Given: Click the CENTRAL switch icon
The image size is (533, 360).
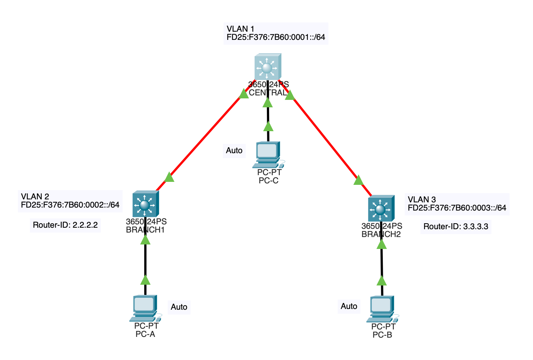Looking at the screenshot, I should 268,67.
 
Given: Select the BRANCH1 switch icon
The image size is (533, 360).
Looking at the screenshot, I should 145,204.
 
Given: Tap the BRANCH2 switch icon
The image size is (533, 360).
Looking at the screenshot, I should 381,208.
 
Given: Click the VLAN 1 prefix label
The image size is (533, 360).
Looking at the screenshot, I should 276,33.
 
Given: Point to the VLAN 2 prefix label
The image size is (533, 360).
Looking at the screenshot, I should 70,201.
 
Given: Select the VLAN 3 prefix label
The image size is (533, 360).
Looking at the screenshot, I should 457,204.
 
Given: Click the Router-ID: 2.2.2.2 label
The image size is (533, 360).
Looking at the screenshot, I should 65,225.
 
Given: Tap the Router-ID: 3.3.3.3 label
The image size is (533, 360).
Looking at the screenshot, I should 456,227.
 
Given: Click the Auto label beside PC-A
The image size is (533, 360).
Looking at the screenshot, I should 179,307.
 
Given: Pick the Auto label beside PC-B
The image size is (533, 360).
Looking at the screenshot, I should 349,306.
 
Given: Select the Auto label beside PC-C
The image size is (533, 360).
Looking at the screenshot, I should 234,151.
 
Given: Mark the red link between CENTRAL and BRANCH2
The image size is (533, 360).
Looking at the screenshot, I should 324,138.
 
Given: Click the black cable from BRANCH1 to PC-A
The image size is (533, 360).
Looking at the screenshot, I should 145,261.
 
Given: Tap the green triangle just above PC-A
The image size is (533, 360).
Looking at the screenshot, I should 145,280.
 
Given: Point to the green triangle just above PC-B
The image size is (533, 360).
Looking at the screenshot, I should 382,281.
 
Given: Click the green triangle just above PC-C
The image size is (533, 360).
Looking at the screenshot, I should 268,127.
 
